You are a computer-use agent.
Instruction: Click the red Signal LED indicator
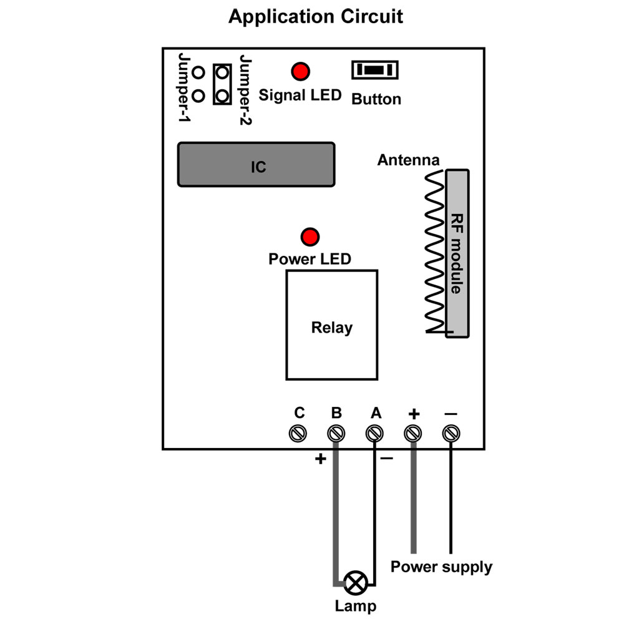coord(301,72)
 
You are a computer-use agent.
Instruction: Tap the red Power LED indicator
coord(310,237)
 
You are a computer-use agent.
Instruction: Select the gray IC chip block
coord(256,164)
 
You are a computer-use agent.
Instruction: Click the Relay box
coord(332,325)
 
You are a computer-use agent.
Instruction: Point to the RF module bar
coord(457,253)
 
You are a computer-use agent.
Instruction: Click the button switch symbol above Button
coord(375,70)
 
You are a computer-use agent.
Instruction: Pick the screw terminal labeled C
coord(298,434)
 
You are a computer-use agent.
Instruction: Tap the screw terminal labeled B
coord(336,434)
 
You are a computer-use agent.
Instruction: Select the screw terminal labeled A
coord(374,434)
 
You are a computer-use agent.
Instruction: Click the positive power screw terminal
coord(412,434)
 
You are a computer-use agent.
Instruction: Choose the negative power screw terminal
coord(451,434)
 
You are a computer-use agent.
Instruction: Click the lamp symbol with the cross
coord(356,583)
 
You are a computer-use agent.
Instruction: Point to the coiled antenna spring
coord(435,251)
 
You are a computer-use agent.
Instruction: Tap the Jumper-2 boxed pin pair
coord(223,84)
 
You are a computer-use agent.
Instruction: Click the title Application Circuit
coord(316,17)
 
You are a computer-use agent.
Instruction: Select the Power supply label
coord(441,567)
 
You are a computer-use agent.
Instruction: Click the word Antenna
coord(408,160)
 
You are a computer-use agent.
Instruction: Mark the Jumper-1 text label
coord(184,87)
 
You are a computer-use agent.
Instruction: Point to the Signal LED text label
coord(300,95)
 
